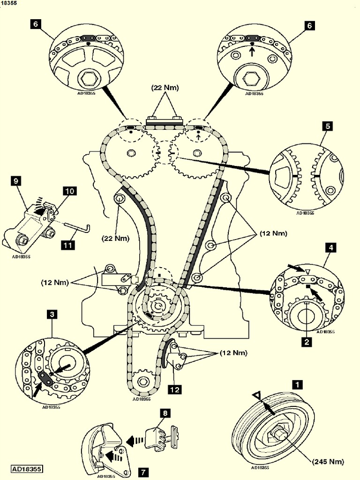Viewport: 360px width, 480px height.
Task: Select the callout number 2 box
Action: click(307, 342)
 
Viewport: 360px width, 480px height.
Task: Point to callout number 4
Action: click(331, 247)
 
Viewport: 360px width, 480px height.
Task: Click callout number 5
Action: click(327, 126)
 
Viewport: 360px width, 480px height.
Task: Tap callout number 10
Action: click(70, 191)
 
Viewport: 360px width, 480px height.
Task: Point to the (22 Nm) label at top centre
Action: click(165, 88)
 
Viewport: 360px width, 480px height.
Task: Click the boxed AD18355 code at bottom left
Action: click(27, 468)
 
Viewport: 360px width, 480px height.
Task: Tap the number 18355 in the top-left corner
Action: click(9, 3)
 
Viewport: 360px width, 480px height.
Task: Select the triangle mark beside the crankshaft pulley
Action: click(256, 397)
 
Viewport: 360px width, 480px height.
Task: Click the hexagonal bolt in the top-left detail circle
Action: click(88, 78)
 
